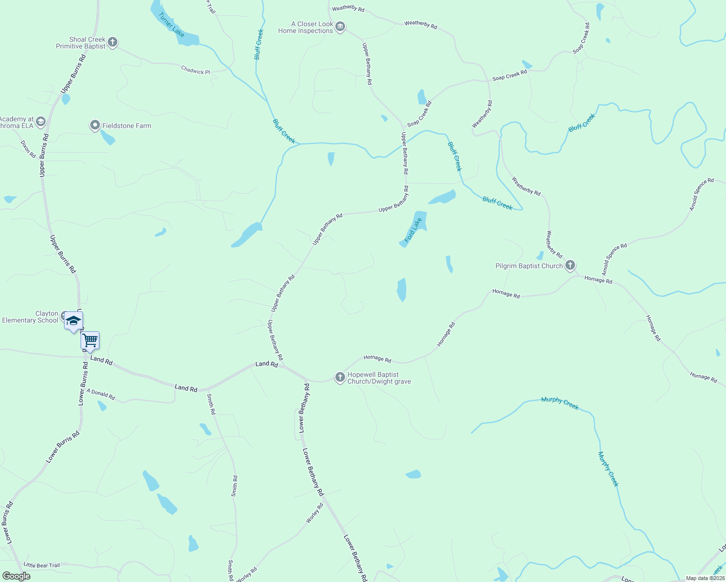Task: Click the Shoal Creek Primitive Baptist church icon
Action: pos(113,43)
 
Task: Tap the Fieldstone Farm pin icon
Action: pos(95,126)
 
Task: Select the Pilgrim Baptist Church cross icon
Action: pos(570,265)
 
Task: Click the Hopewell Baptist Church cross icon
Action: pos(340,377)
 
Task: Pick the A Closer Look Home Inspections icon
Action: pos(340,27)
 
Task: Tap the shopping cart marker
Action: pos(90,340)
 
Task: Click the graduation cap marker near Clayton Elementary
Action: pos(74,321)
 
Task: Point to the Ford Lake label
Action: pos(413,230)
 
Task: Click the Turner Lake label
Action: pos(171,25)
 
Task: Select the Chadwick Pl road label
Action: pos(196,70)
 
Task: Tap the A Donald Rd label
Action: pos(101,394)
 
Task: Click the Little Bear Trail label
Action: pos(42,566)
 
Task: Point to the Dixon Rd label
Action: pos(28,149)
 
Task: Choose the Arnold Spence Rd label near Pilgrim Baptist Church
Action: pos(614,259)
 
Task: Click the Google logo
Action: pos(16,576)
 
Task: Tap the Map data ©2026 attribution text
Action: pos(705,578)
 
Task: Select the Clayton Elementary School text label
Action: pos(30,317)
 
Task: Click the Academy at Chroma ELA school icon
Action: pos(41,121)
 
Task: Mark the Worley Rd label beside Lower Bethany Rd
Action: pos(314,513)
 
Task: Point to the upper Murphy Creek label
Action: pos(560,403)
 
